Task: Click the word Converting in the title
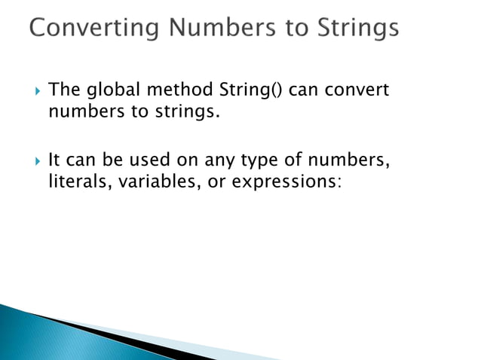click(90, 29)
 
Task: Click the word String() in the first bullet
click(251, 91)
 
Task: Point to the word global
click(109, 91)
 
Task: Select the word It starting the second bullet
click(54, 160)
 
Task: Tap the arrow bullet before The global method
click(32, 92)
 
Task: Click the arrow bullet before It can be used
click(32, 160)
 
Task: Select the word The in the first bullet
click(63, 91)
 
